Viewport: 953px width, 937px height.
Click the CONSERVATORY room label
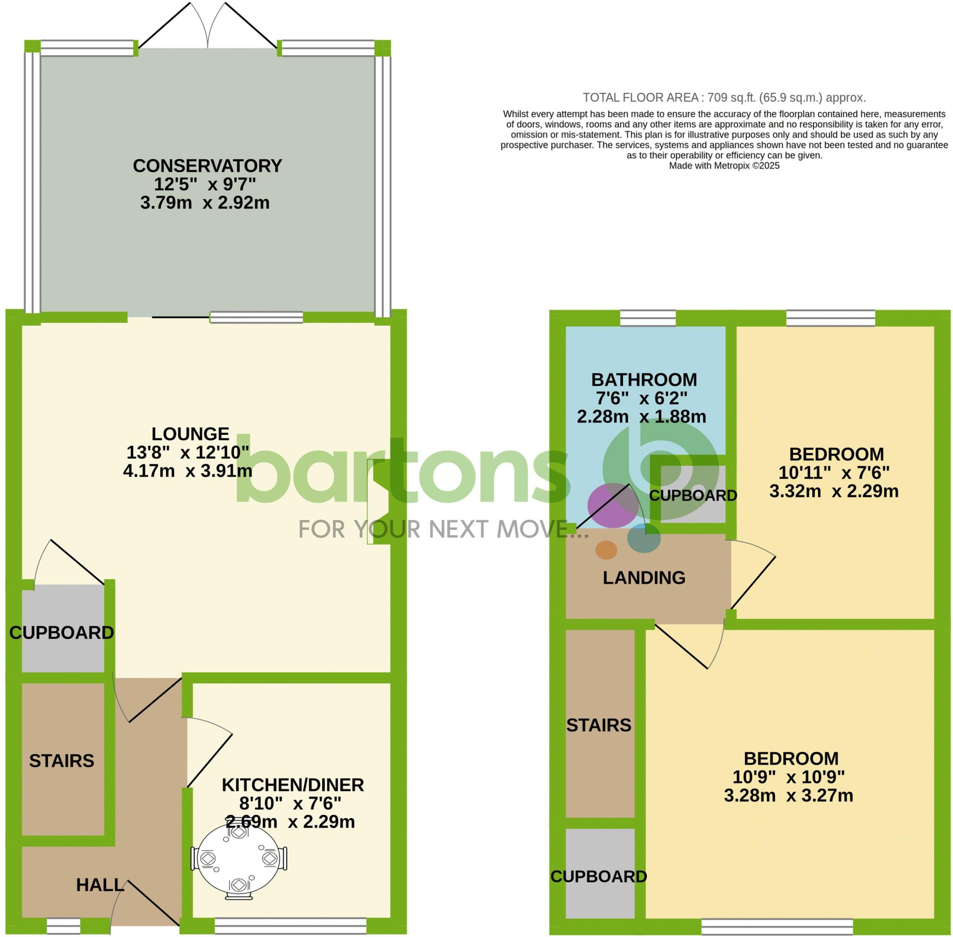(208, 166)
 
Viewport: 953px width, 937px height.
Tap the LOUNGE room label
(190, 433)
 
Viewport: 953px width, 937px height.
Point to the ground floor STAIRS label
(61, 761)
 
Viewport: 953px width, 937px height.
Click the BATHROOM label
(644, 379)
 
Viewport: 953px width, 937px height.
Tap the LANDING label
(644, 577)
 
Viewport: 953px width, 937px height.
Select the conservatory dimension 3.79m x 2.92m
(205, 203)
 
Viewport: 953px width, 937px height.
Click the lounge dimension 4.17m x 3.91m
(188, 471)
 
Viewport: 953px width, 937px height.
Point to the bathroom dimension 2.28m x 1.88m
(641, 417)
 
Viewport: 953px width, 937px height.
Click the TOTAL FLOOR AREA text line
(724, 98)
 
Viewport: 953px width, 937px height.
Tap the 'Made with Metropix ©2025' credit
(724, 166)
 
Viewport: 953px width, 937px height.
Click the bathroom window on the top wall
(648, 319)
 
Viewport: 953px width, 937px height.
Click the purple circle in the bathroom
(613, 505)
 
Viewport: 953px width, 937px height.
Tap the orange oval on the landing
(606, 550)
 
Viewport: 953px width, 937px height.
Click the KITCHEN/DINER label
(293, 785)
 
